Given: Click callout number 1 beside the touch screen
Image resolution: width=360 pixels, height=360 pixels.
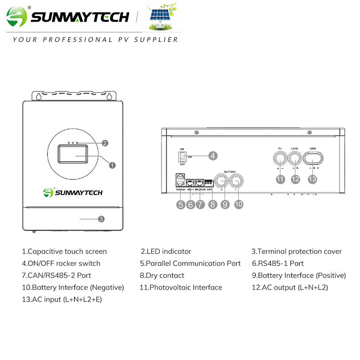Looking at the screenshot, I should click(x=112, y=165).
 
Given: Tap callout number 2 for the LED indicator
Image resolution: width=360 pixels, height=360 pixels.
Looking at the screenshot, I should click(x=104, y=143).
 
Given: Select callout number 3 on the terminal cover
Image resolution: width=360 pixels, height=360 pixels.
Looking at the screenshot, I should click(x=101, y=219).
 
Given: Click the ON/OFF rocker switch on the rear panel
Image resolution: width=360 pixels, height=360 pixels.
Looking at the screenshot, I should click(x=182, y=157).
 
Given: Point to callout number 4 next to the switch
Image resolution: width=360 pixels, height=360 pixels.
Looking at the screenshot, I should click(x=213, y=156).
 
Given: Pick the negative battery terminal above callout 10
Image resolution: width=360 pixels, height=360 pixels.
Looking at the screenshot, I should click(x=237, y=181).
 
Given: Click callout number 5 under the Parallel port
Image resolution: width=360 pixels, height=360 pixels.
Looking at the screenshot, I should click(x=180, y=204).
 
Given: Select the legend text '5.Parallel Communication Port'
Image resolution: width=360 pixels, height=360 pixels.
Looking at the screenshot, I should click(x=190, y=263).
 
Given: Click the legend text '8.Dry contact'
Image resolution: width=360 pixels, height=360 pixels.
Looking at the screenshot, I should click(x=162, y=275).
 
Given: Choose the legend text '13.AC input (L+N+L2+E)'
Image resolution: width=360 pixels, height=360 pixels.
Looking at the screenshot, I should click(x=62, y=299).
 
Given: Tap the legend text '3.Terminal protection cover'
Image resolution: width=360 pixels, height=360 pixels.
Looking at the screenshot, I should click(x=297, y=252).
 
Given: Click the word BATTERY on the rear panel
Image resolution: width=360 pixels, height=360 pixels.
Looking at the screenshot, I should click(x=229, y=171).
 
